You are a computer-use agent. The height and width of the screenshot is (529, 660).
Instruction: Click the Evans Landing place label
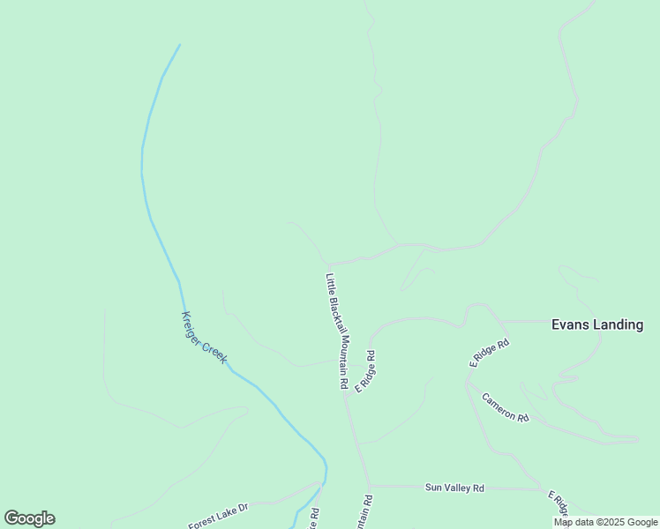coord(597,324)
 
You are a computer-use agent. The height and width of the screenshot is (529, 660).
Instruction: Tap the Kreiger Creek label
coord(204,338)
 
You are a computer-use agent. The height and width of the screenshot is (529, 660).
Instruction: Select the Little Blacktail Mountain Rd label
coord(334,332)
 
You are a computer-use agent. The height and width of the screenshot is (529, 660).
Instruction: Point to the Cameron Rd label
coord(505,406)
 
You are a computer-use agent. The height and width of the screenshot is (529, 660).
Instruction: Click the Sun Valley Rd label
coord(454,488)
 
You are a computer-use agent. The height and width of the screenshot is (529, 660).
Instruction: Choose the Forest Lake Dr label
coord(219,517)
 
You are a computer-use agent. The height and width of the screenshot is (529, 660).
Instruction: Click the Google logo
coord(29,518)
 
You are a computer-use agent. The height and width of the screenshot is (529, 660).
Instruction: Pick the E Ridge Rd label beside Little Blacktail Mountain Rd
coord(364,371)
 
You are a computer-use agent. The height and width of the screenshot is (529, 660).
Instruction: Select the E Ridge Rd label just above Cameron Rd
coord(490,352)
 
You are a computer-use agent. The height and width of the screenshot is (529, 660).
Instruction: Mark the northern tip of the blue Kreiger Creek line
coord(180,45)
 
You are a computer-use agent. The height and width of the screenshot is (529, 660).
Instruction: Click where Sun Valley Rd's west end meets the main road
coord(370,485)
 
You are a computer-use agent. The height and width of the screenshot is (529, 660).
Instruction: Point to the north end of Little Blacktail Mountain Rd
coord(327,264)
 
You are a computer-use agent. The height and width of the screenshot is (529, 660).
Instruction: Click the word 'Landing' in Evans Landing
coord(618,324)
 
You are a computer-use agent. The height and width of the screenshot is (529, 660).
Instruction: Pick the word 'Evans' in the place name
coord(570,324)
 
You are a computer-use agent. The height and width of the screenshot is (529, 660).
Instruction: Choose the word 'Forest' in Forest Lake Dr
coord(203,522)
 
